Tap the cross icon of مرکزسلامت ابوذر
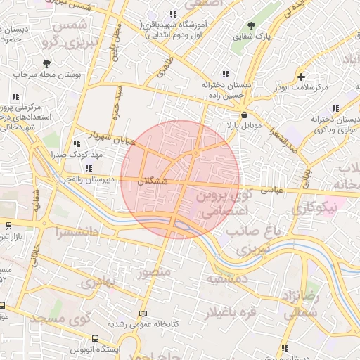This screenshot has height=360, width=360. click(302, 77)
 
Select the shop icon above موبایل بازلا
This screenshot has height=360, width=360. click(244, 115)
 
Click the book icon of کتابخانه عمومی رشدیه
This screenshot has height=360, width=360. click(144, 313)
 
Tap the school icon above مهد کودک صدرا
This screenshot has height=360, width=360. click(77, 143)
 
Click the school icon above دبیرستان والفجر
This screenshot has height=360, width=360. click(89, 168)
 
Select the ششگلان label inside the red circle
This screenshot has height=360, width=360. click(153, 181)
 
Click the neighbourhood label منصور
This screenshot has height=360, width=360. click(155, 271)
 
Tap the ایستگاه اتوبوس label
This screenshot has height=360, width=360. click(96, 349)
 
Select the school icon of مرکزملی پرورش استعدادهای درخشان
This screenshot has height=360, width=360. click(15, 97)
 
